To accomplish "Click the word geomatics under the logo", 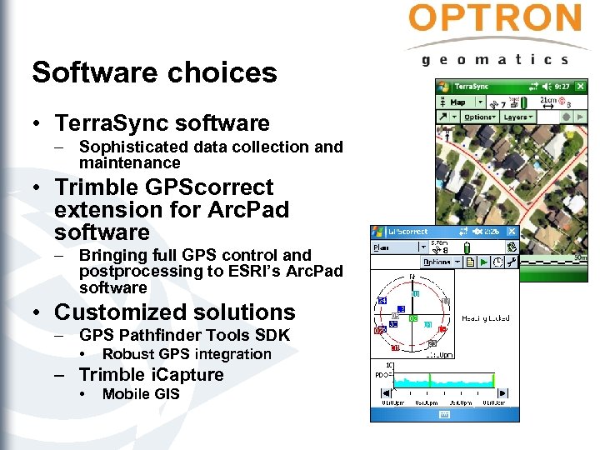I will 495,59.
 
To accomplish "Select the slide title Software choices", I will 154,72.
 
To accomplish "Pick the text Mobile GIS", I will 140,394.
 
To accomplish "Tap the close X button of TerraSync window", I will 579,86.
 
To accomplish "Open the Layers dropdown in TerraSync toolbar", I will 518,117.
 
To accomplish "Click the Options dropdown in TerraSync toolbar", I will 478,117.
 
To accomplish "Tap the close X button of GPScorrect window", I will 511,232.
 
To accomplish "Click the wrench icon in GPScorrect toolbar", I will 510,262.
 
